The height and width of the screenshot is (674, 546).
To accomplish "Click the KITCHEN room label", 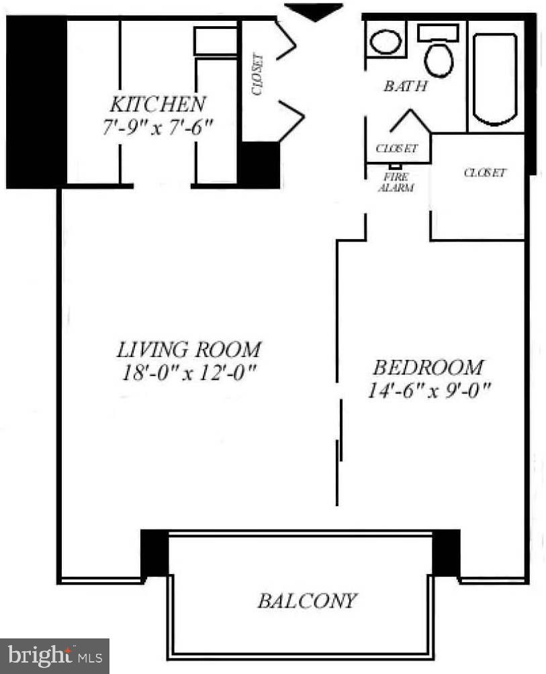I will point(157,105).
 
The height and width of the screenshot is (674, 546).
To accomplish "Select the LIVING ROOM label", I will point(189,350).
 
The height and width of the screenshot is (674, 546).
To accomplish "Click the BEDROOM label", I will point(428,368).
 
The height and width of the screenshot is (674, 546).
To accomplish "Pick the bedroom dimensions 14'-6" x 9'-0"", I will point(428,390).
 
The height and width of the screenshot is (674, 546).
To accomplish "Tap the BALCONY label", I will point(307,600).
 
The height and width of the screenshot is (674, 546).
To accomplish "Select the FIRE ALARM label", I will point(396,183).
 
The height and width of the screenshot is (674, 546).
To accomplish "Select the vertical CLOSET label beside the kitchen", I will point(259,74).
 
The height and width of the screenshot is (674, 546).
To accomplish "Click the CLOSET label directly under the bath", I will point(396,148).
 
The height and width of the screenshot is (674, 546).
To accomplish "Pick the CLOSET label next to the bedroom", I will point(484,173).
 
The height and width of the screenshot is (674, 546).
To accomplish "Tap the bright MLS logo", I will point(54,655).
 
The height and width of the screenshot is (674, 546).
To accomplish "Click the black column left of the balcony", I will point(154,552).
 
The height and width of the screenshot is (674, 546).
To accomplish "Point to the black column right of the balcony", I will point(446,552).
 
